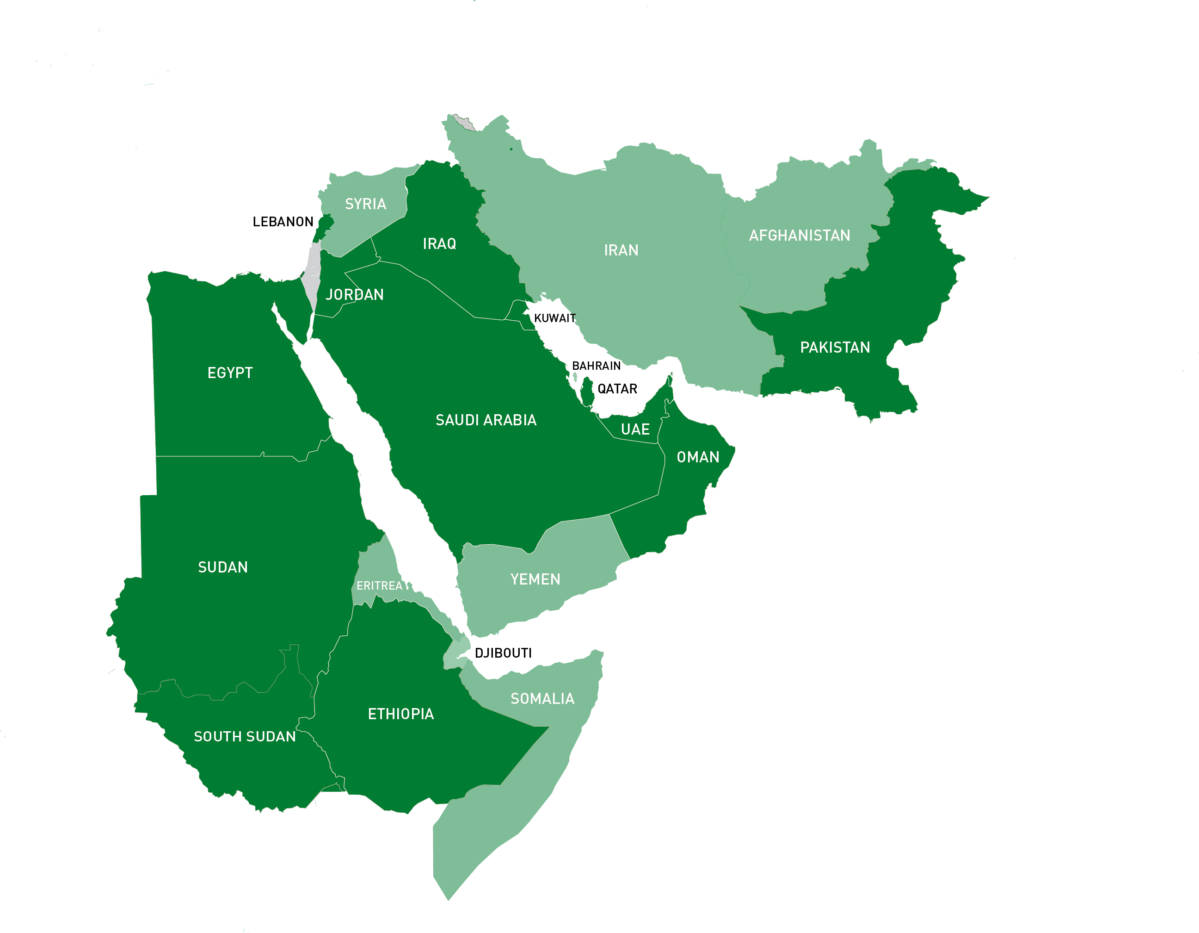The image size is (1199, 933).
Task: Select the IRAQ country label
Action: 439,243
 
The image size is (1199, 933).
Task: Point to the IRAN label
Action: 621,250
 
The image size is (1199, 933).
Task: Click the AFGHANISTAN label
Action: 799,235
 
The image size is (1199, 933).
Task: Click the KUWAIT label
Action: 554,317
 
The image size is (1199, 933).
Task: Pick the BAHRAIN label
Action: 596,366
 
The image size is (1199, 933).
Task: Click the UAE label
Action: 635,429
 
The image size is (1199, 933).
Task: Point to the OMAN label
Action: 698,457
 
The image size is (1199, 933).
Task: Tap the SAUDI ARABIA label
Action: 486,420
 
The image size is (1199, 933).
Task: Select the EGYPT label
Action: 230,373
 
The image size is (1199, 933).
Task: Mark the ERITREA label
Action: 380,586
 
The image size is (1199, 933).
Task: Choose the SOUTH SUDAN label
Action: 245,736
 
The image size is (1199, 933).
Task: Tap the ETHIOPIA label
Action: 401,714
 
